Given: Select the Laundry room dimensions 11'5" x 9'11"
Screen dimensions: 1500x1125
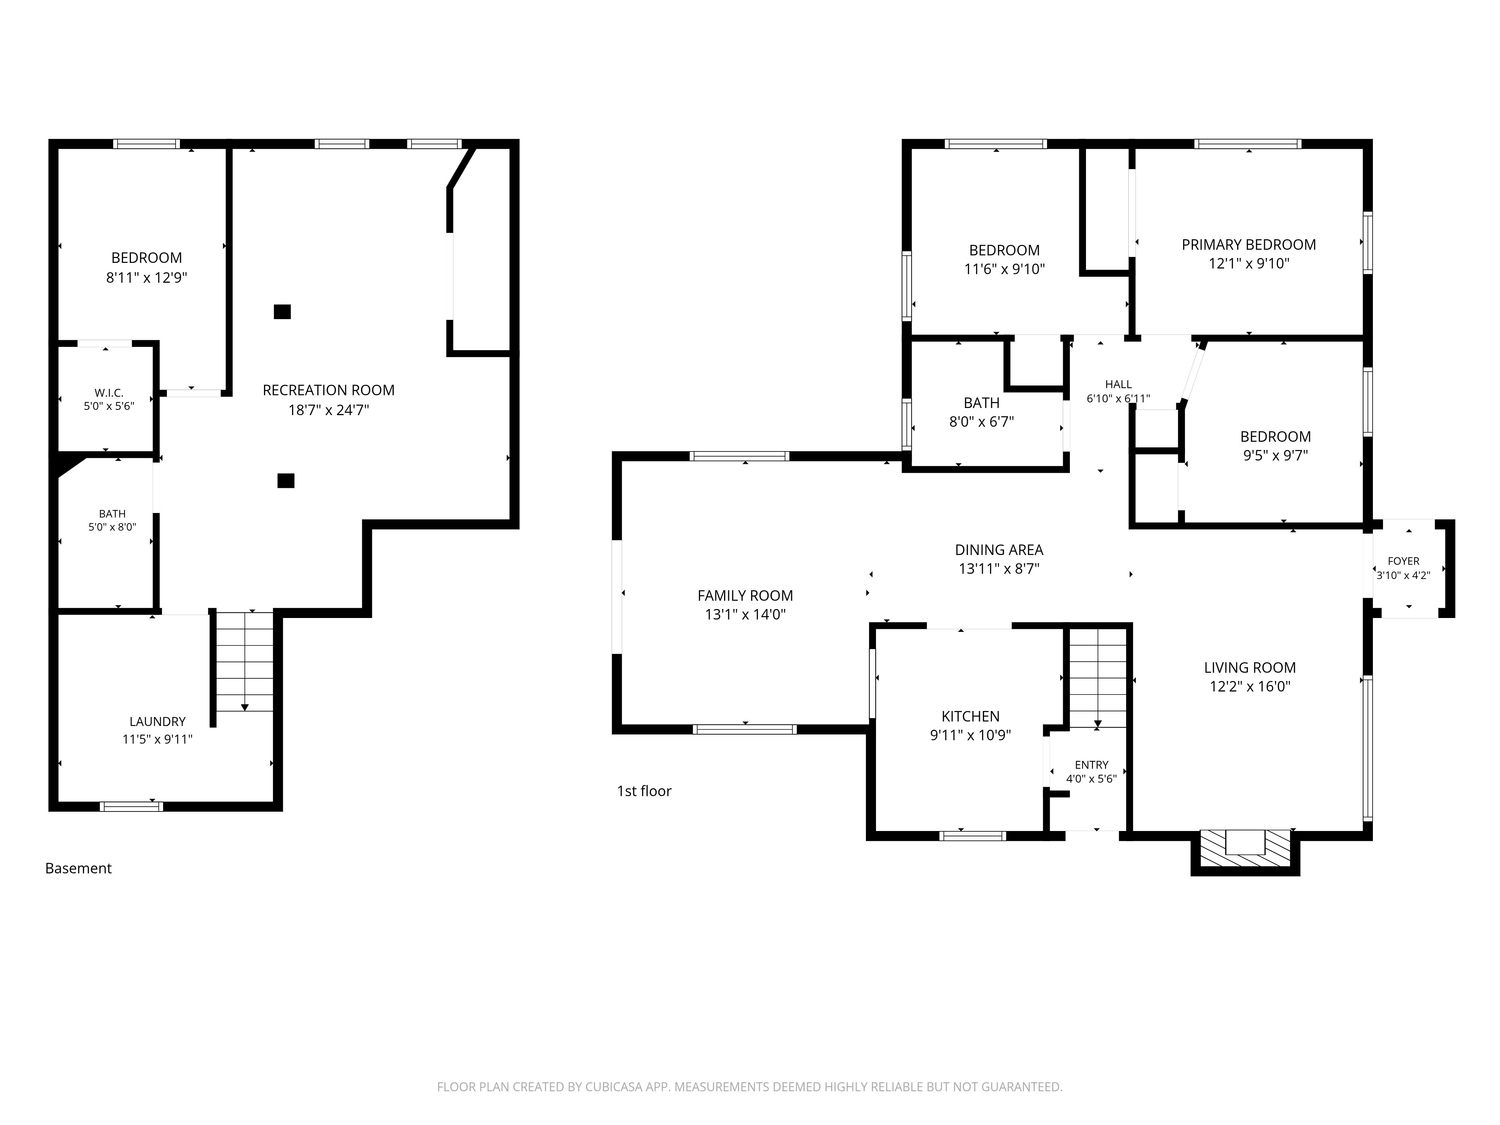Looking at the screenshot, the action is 157,739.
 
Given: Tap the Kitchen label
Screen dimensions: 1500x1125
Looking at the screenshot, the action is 970,716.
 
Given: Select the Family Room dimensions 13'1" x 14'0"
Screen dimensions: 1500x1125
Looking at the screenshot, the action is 745,614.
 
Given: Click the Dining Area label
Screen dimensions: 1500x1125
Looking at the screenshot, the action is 999,550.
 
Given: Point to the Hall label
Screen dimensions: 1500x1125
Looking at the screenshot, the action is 1118,384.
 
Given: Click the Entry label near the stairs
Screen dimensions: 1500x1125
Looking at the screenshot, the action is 1091,765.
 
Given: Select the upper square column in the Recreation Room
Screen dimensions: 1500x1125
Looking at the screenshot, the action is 282,312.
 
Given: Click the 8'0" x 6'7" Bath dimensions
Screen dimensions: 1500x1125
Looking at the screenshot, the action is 981,422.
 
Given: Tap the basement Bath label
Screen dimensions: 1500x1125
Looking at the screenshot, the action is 112,514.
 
